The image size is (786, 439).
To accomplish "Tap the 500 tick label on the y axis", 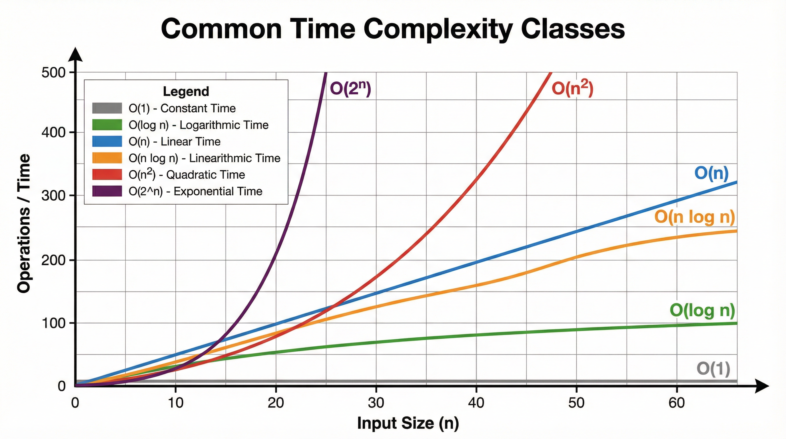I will (53, 73).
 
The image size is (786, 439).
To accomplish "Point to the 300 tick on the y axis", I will (53, 196).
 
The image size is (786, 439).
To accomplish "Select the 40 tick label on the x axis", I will (476, 403).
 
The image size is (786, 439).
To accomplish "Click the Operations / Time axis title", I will (24, 223).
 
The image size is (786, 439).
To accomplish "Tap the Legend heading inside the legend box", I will (186, 91).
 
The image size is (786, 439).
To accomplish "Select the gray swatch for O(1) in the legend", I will (107, 108).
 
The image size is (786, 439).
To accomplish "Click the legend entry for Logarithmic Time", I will (198, 125).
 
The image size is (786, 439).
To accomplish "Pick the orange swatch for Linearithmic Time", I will (107, 158).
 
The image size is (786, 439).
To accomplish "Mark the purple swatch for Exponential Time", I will (107, 191).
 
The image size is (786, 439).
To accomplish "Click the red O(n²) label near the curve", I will (572, 89).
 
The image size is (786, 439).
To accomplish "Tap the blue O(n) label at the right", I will (711, 173).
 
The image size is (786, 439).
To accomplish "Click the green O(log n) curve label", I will (702, 310).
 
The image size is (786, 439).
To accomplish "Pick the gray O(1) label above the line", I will (713, 369).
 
